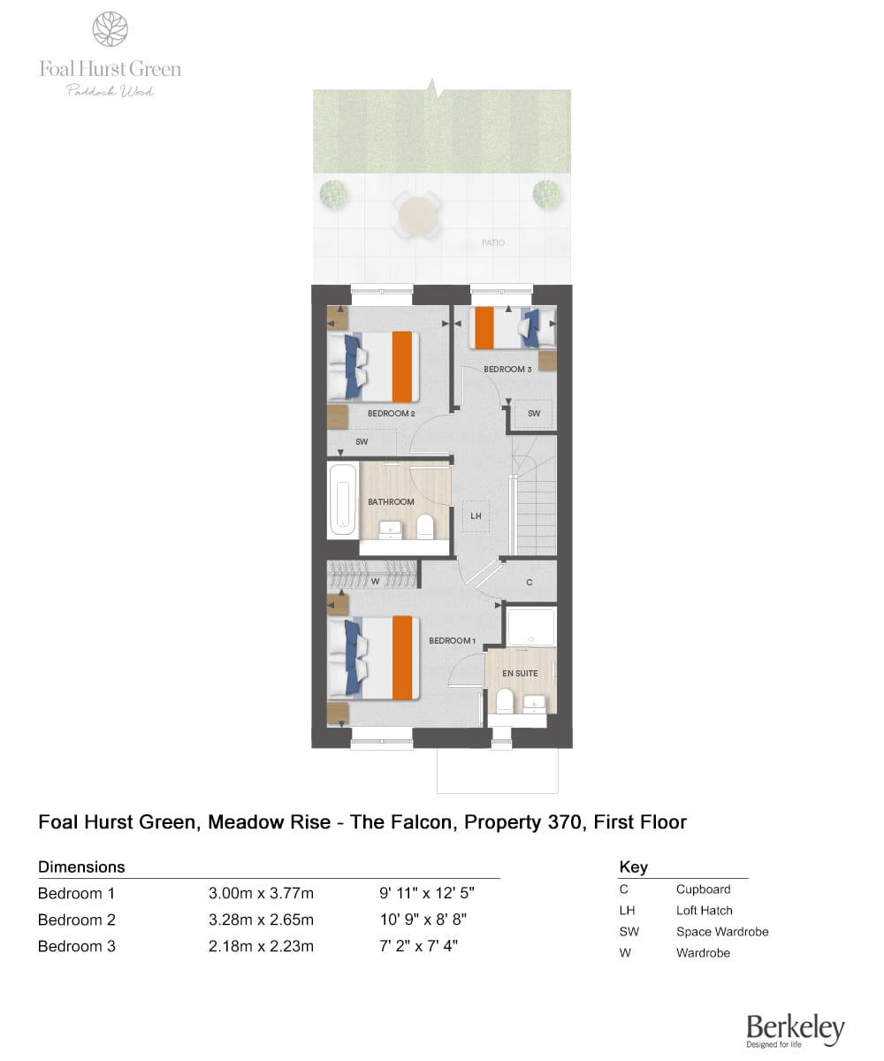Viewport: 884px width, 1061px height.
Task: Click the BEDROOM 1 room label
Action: [452, 640]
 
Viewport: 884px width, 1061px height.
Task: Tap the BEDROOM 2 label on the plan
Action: [391, 413]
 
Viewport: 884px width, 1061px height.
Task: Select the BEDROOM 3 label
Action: [507, 369]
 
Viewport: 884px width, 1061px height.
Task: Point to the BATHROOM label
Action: [391, 501]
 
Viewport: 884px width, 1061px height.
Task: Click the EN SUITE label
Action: [519, 673]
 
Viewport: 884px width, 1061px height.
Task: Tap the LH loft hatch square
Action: [476, 515]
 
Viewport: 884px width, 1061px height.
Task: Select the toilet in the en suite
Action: [504, 699]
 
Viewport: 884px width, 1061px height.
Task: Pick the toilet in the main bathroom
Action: [424, 526]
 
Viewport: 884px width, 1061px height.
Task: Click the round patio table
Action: [416, 214]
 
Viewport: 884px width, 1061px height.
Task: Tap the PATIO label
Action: [492, 242]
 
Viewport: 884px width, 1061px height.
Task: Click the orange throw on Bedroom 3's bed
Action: [484, 328]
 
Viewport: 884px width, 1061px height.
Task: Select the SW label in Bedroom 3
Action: [533, 413]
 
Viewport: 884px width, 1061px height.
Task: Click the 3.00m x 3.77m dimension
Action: [261, 893]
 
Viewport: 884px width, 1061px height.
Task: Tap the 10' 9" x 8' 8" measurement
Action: [423, 920]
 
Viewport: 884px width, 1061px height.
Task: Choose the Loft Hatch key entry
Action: [675, 910]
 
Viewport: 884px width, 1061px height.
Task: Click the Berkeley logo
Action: [795, 1030]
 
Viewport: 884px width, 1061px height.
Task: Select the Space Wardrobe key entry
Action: [693, 931]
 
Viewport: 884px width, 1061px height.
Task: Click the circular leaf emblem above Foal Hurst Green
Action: [110, 29]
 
